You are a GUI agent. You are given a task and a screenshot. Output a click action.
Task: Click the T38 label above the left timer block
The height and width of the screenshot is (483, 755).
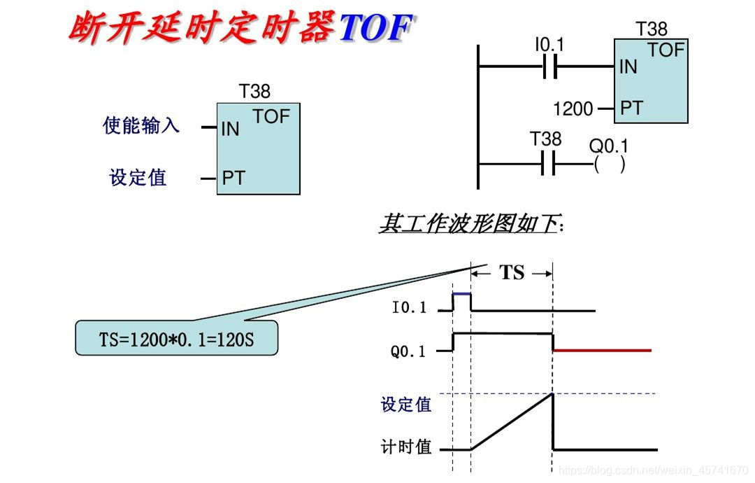click(254, 92)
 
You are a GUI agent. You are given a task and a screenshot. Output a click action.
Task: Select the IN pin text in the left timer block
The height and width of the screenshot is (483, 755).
click(230, 129)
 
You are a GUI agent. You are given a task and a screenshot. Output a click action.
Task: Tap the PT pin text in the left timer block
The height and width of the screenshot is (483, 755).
click(233, 178)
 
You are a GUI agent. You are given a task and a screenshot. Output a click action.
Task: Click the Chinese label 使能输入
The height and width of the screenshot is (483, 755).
click(141, 126)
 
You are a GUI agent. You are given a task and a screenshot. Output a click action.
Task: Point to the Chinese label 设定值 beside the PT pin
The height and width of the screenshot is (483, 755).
click(138, 177)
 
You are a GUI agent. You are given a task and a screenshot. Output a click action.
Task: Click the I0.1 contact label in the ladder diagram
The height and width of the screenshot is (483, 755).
click(549, 45)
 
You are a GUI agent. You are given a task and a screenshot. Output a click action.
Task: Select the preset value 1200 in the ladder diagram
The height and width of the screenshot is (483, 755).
click(573, 109)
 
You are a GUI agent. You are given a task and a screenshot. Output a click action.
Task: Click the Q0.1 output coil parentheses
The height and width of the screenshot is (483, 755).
click(609, 165)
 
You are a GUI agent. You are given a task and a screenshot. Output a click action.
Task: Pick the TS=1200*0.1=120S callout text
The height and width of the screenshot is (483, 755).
click(177, 340)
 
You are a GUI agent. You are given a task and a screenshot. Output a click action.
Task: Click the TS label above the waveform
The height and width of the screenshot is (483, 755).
click(512, 272)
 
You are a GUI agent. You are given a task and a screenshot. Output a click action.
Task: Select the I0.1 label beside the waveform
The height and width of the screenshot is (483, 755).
click(410, 308)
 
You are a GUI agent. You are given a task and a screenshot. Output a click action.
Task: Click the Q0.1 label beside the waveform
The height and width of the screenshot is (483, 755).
click(408, 351)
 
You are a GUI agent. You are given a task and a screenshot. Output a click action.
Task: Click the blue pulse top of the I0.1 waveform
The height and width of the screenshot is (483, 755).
click(461, 294)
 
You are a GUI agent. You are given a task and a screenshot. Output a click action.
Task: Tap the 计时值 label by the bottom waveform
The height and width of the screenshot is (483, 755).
click(406, 447)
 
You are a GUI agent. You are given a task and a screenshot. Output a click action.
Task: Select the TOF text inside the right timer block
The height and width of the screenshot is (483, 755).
click(666, 50)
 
